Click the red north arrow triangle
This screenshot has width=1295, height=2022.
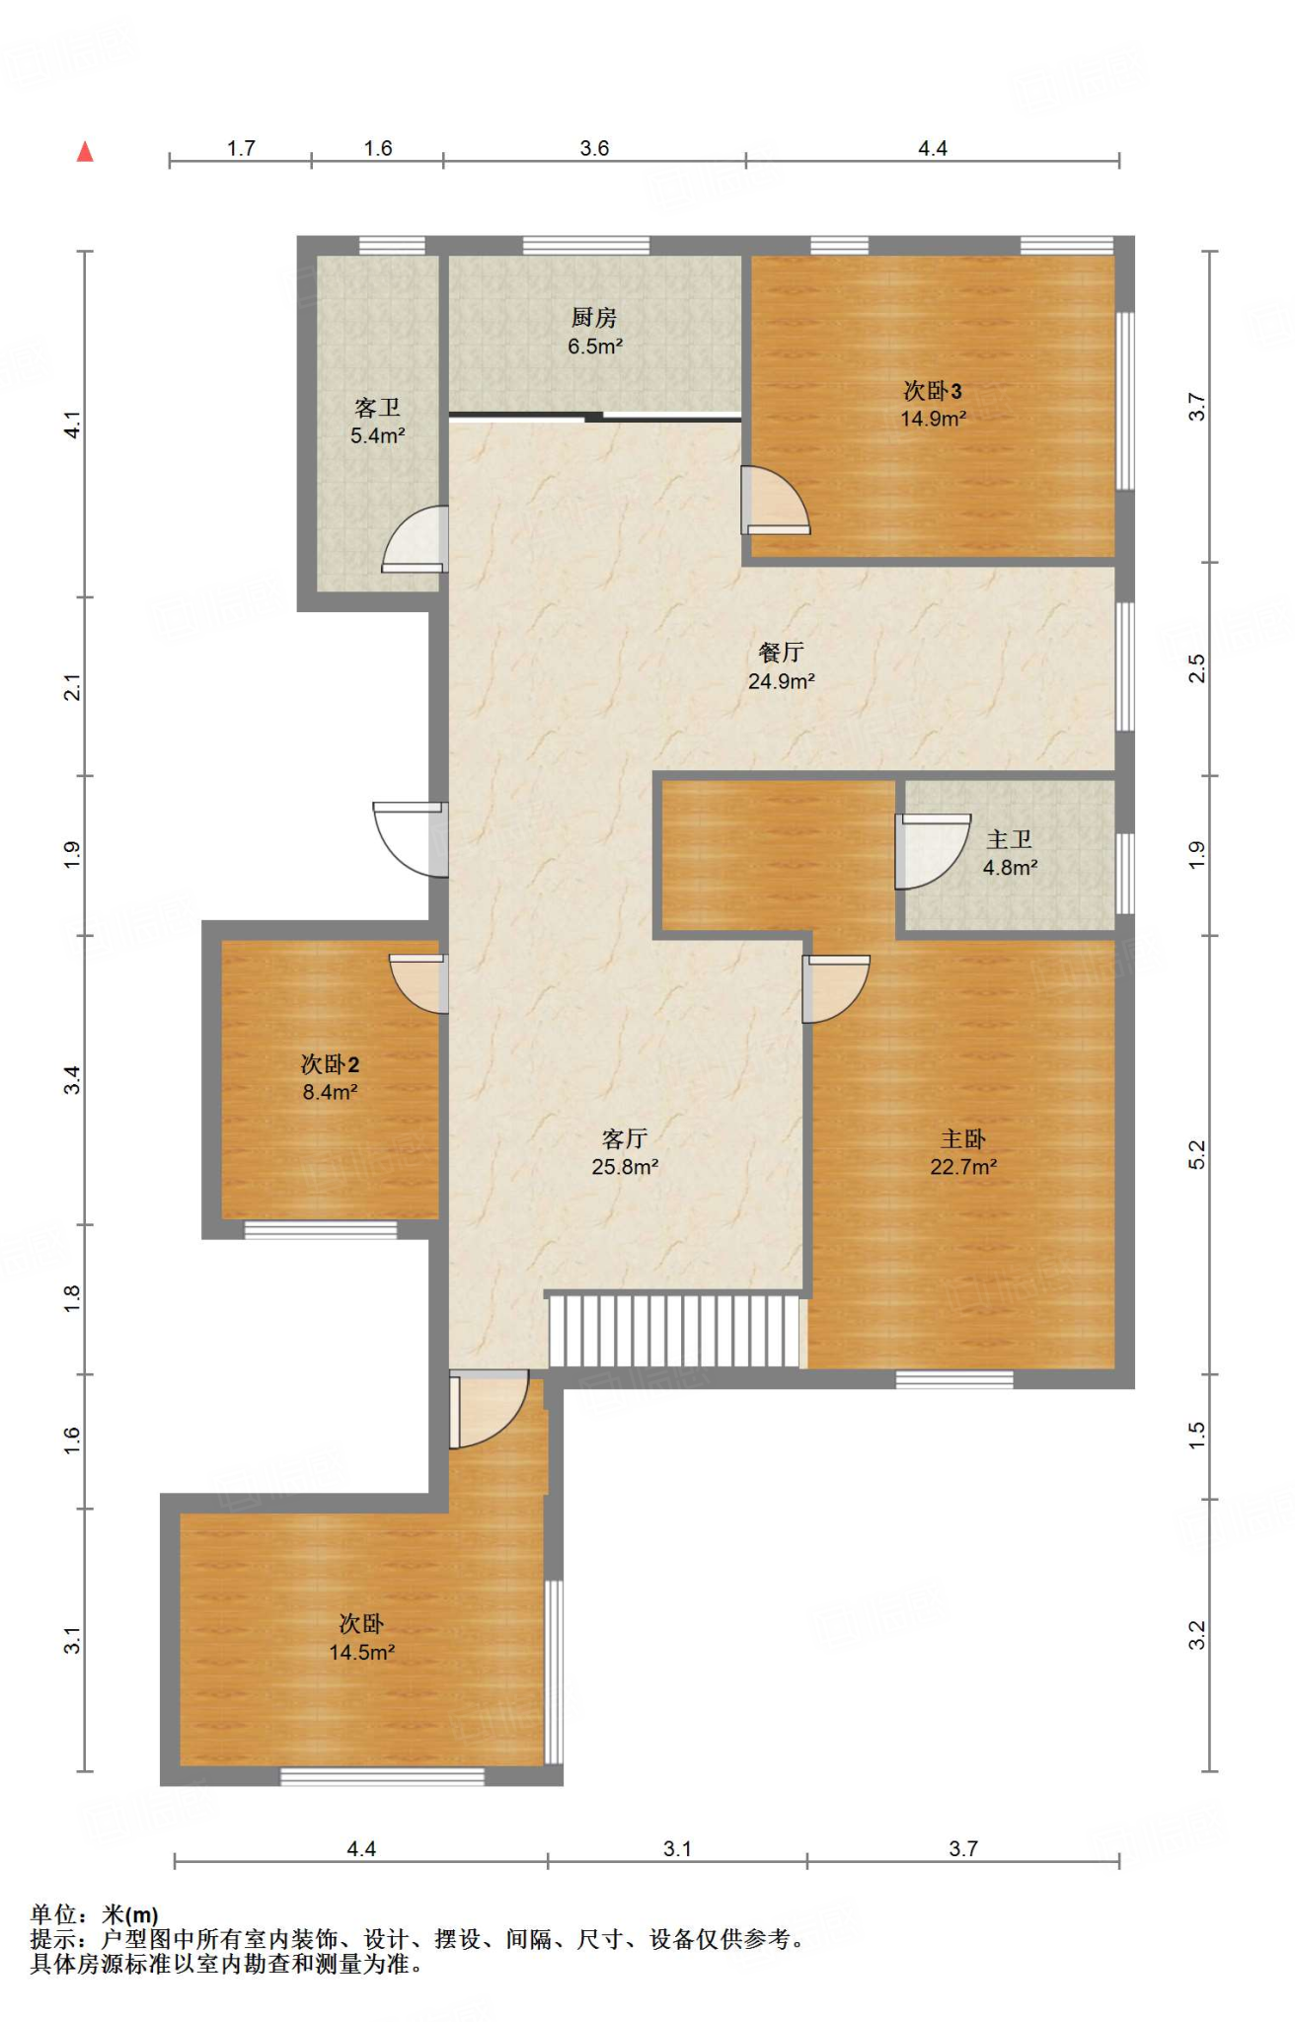pyautogui.click(x=86, y=151)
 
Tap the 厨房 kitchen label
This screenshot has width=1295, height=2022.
pyautogui.click(x=594, y=318)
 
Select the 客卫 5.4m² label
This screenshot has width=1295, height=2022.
pyautogui.click(x=378, y=422)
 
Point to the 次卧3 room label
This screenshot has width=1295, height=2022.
pyautogui.click(x=933, y=391)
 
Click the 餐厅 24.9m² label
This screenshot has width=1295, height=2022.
pyautogui.click(x=781, y=666)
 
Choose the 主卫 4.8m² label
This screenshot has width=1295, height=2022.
pyautogui.click(x=1010, y=853)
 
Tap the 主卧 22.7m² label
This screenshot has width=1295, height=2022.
pyautogui.click(x=963, y=1152)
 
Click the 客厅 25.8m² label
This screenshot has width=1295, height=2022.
pyautogui.click(x=625, y=1152)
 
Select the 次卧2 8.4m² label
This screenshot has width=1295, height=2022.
pyautogui.click(x=330, y=1077)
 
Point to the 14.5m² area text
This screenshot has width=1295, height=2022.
pyautogui.click(x=362, y=1653)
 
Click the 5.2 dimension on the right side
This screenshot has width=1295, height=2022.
pyautogui.click(x=1196, y=1154)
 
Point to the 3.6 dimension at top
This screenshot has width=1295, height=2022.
pyautogui.click(x=594, y=148)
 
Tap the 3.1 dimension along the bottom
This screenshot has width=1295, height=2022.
pyautogui.click(x=677, y=1848)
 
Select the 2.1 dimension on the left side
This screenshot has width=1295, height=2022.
pyautogui.click(x=72, y=687)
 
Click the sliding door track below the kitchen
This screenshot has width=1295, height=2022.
pyautogui.click(x=595, y=417)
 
